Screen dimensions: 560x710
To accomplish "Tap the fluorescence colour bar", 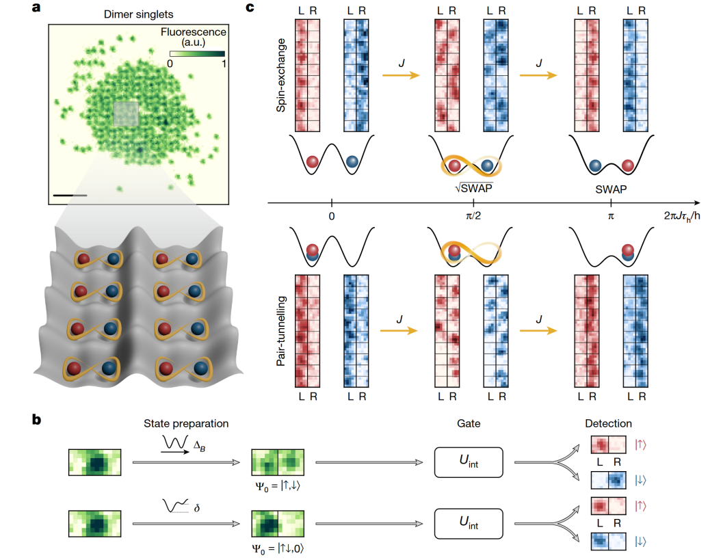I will [197, 53].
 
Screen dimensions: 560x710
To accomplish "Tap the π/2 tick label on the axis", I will [474, 216].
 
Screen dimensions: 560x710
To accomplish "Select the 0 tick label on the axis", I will [332, 216].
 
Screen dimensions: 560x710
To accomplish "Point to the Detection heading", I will [609, 424].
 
